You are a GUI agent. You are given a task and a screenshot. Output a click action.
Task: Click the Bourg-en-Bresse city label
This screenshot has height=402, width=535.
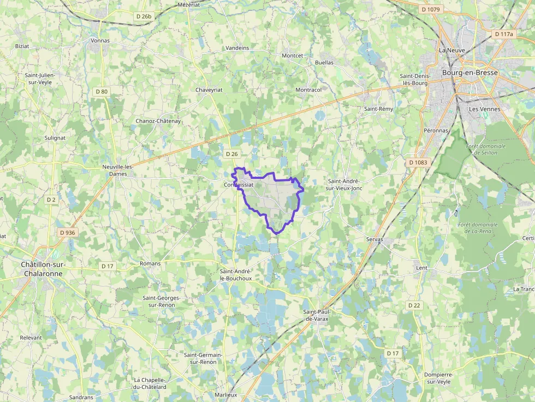pos(470,73)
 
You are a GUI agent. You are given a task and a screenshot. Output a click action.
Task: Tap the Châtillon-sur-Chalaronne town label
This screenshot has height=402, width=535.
pos(43,269)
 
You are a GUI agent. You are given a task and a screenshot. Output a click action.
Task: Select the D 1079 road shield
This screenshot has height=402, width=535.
pos(431,9)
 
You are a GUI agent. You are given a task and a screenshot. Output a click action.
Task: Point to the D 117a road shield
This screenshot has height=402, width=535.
pos(504,34)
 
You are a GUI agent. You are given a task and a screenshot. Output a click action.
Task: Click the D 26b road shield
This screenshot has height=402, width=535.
pos(144,16)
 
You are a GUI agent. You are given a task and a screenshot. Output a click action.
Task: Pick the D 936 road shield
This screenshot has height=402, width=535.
pos(67,232)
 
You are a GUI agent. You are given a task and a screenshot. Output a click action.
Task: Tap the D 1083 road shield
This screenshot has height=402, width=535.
pos(418,163)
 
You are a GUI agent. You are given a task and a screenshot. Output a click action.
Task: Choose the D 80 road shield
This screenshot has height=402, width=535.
pos(100,92)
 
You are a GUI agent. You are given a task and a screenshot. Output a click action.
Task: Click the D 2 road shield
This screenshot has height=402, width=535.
pos(51,200)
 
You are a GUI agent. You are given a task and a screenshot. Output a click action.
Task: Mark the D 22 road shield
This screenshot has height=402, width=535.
pos(414,305)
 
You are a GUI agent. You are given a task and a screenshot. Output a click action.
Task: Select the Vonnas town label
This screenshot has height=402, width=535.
pos(100,40)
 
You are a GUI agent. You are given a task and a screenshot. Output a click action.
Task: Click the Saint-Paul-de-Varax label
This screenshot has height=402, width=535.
pos(317,315)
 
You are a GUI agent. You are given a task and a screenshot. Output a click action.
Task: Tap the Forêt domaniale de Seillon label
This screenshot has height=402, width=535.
pos(486,149)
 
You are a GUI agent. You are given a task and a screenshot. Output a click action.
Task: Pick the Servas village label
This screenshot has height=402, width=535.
pos(374,239)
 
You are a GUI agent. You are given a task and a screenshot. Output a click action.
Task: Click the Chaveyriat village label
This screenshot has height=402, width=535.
pos(209,89)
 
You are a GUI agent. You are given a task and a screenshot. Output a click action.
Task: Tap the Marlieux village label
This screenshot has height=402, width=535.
pos(226,395)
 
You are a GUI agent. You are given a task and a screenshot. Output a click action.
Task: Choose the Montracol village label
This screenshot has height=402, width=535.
pos(308,89)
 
